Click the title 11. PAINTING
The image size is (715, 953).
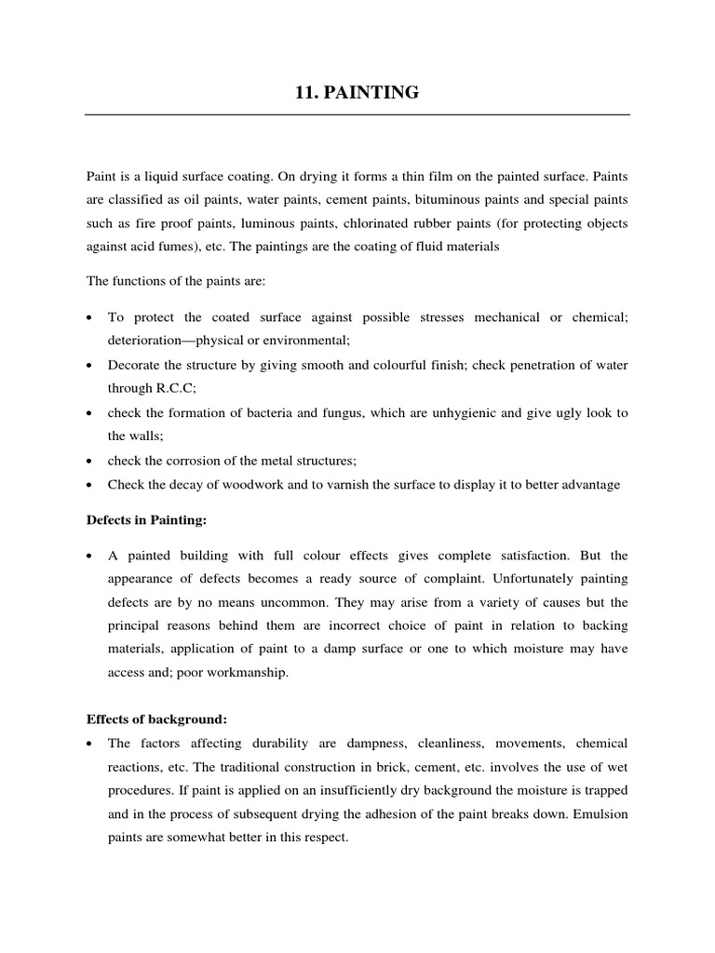(357, 92)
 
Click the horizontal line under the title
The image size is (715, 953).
(357, 114)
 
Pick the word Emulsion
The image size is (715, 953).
(595, 814)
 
